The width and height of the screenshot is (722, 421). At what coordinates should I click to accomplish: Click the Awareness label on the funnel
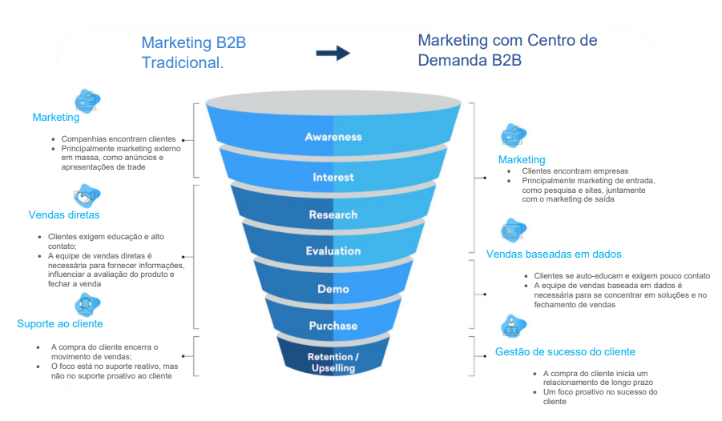[x=333, y=137]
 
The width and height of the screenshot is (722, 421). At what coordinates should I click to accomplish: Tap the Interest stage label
[x=333, y=177]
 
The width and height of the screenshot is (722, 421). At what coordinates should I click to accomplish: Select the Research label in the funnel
[x=333, y=215]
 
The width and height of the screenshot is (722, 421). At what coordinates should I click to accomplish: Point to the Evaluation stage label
[x=333, y=251]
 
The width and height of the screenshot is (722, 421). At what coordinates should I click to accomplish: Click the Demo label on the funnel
[x=333, y=288]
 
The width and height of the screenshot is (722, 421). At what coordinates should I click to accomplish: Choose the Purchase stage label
[x=333, y=326]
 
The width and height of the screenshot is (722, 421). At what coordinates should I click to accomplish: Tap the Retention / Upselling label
[x=333, y=362]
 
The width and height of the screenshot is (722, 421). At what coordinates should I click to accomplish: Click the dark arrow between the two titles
[x=333, y=54]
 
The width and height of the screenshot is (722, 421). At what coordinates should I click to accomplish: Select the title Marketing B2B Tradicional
[x=194, y=52]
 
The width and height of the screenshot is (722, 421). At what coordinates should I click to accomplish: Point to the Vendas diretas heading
[x=64, y=215]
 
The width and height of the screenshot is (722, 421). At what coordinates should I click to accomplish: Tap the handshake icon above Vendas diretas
[x=87, y=195]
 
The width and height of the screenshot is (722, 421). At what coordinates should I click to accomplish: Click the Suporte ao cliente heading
[x=60, y=323]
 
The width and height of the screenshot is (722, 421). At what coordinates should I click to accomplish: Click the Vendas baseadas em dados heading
[x=554, y=254]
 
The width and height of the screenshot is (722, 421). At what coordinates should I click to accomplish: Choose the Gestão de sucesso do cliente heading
[x=565, y=351]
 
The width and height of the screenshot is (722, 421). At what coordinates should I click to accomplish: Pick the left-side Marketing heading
[x=56, y=118]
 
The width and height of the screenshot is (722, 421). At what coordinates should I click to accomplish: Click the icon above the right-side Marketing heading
[x=512, y=135]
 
